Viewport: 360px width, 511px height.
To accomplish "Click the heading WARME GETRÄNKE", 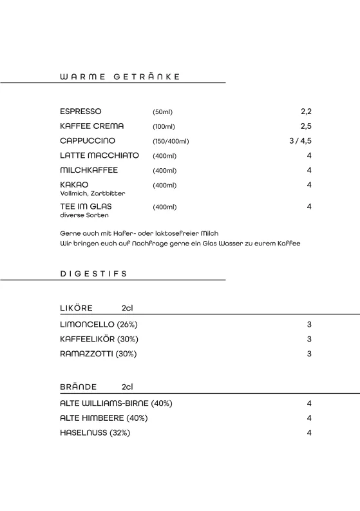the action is click(119, 76).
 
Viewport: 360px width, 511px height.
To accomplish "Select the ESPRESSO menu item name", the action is click(81, 111).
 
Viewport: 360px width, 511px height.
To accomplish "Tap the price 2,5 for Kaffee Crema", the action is click(305, 126).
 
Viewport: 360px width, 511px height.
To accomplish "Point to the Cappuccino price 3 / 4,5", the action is click(300, 140).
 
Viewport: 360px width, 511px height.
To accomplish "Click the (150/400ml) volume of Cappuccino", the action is click(171, 141).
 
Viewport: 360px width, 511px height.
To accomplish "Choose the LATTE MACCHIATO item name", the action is click(99, 155).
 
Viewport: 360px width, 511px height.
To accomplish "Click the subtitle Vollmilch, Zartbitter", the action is click(93, 193).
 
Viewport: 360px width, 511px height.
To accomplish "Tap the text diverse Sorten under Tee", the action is click(84, 215).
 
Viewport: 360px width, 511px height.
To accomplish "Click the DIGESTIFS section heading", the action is click(94, 273).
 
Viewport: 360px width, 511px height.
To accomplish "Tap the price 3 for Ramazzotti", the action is click(309, 354).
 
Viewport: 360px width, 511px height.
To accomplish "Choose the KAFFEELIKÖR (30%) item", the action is click(99, 339).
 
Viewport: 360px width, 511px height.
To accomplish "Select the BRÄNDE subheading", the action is click(79, 387).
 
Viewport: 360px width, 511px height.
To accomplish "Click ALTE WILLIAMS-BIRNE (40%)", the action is click(116, 403).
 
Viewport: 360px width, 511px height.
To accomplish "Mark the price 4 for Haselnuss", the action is click(309, 433).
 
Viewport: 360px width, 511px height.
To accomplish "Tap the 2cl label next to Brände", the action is click(127, 387).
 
